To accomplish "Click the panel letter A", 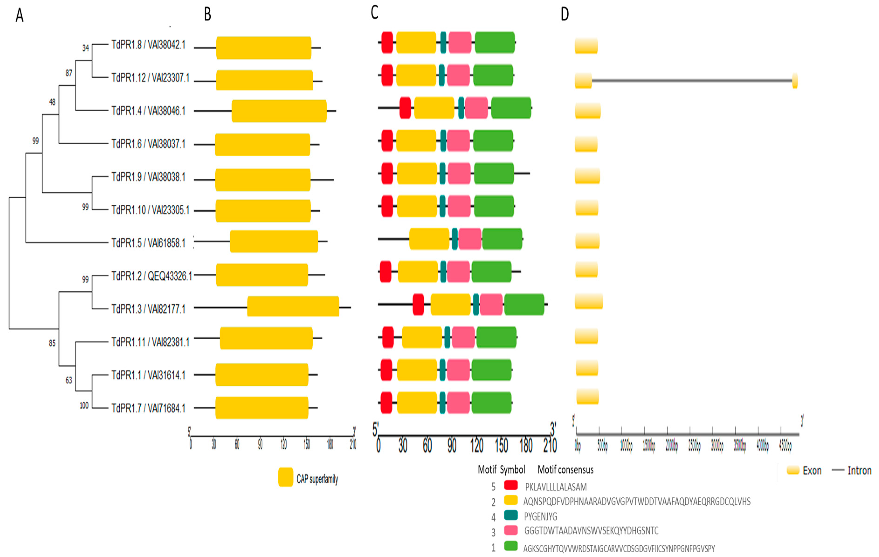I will [19, 15].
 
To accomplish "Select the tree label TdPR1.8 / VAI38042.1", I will [148, 45].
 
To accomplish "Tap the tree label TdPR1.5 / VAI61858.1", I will [148, 243].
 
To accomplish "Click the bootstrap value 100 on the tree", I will [84, 405].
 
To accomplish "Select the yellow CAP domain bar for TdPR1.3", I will [293, 306].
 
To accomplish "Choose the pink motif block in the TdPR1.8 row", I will [460, 42].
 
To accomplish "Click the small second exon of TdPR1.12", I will [795, 81].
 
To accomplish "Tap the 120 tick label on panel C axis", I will [477, 446].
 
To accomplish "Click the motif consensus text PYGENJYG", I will [541, 516].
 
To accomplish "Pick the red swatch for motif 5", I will [511, 485].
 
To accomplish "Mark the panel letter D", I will [565, 15].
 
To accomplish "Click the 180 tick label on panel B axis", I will [330, 444].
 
